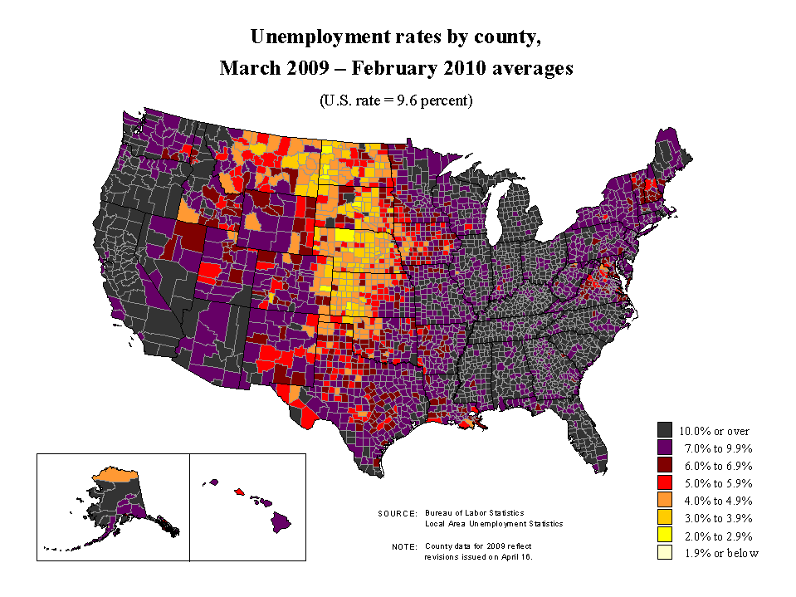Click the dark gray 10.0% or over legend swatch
click(664, 430)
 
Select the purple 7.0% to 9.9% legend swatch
click(664, 448)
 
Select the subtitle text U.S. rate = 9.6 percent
click(396, 100)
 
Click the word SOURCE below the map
click(397, 514)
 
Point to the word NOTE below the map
click(404, 547)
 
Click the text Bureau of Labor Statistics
click(474, 513)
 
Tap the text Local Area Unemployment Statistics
click(493, 524)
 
